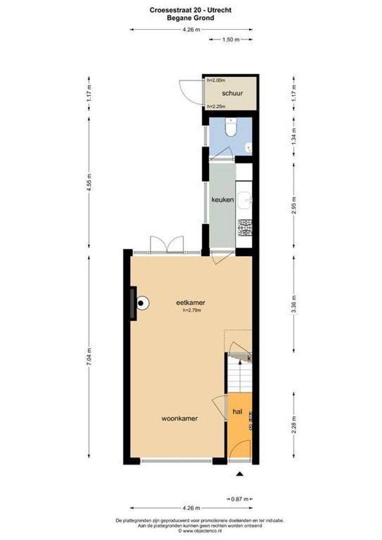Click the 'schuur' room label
point(232,93)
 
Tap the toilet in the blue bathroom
point(230,128)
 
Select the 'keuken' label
point(222,199)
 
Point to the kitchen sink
point(245,200)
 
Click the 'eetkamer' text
point(191,302)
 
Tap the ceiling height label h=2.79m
point(191,310)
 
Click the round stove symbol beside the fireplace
point(142,302)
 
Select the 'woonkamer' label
point(178,418)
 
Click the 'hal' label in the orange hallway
point(237,412)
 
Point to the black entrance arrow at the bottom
point(240,473)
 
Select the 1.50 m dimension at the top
point(230,39)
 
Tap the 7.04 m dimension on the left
point(89,357)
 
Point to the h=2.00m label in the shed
point(216,80)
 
